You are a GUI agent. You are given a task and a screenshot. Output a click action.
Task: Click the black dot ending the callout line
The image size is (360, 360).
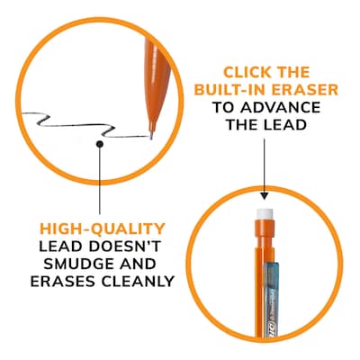pyautogui.click(x=102, y=142)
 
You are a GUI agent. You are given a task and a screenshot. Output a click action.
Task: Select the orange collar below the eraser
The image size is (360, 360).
pyautogui.click(x=265, y=231)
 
